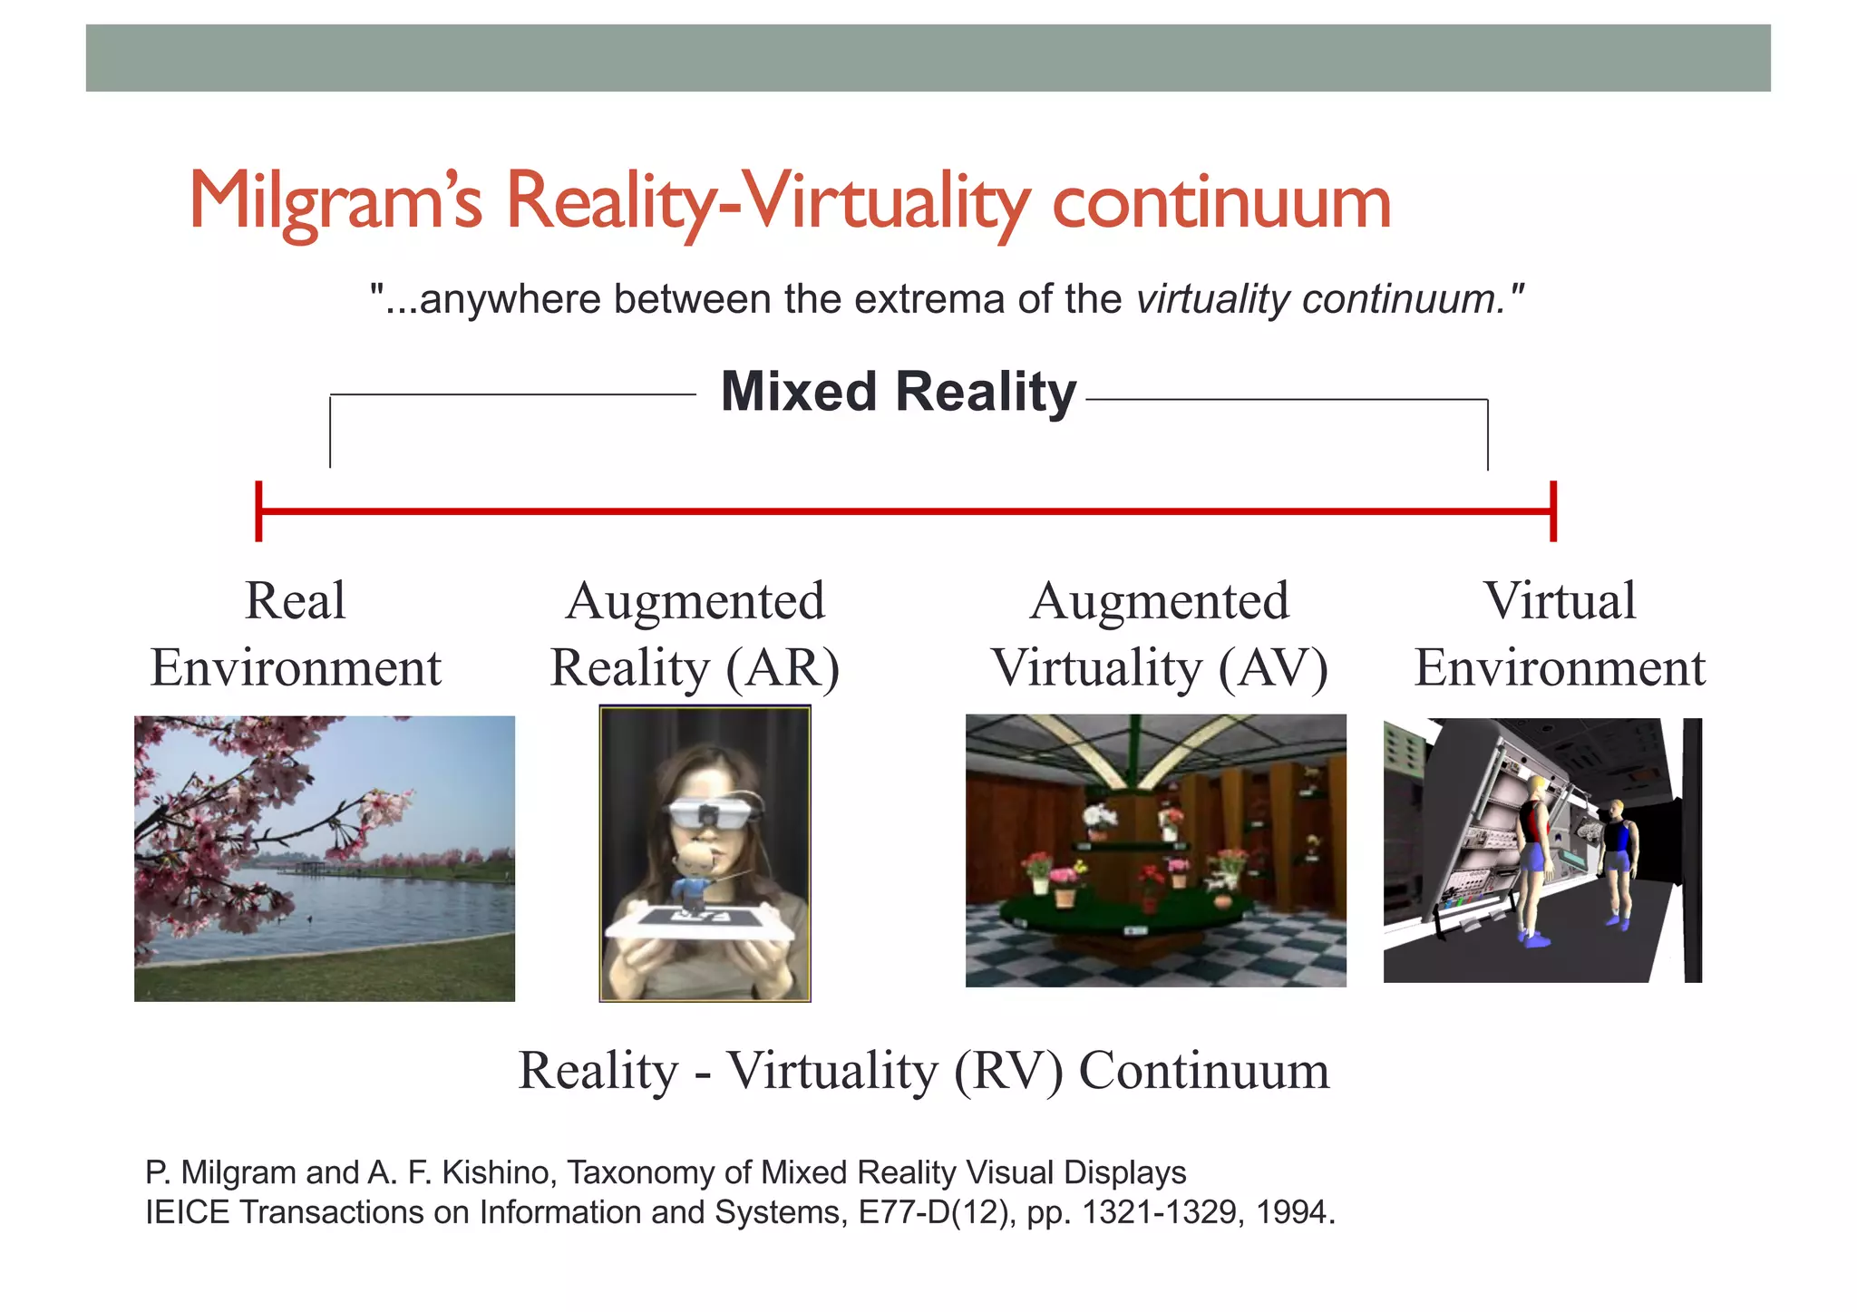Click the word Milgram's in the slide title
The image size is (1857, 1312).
click(x=335, y=201)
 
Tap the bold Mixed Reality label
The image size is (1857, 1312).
click(x=898, y=393)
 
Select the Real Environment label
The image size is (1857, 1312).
click(x=296, y=634)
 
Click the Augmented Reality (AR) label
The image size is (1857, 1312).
click(x=695, y=634)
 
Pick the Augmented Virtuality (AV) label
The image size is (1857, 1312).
click(x=1159, y=634)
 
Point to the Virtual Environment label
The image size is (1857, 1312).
click(x=1560, y=634)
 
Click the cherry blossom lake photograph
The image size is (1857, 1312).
click(x=325, y=858)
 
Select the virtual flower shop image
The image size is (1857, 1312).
click(x=1155, y=850)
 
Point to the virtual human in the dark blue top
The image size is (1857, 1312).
click(x=1617, y=861)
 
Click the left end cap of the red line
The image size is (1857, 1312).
click(x=259, y=511)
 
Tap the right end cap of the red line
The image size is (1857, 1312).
click(x=1553, y=511)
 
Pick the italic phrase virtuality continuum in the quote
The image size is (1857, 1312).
click(x=1317, y=299)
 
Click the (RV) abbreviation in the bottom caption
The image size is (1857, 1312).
click(x=1007, y=1071)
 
